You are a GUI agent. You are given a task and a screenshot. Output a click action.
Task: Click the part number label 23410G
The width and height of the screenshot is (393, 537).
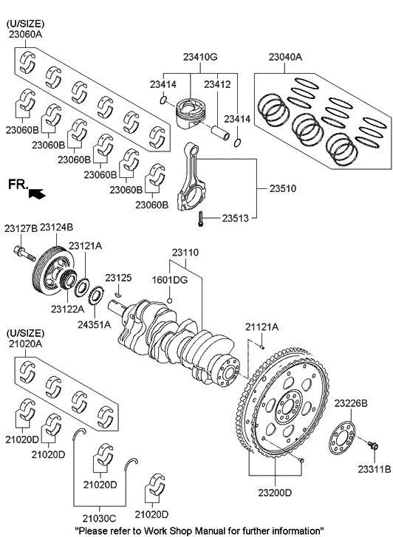pyautogui.click(x=200, y=57)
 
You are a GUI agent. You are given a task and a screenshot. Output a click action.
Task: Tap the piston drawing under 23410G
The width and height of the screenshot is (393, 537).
pyautogui.click(x=188, y=114)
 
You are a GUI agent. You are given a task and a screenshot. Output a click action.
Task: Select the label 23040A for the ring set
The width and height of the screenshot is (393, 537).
pyautogui.click(x=285, y=57)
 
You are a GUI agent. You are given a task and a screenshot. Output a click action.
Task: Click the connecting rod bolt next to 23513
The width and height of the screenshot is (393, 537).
pyautogui.click(x=199, y=219)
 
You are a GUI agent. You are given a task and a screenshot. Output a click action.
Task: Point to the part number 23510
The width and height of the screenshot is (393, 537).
pyautogui.click(x=283, y=188)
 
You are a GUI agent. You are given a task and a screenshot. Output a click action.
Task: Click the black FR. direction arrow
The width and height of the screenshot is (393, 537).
pyautogui.click(x=37, y=194)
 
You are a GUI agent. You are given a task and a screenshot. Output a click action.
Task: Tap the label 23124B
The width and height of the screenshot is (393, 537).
pyautogui.click(x=57, y=228)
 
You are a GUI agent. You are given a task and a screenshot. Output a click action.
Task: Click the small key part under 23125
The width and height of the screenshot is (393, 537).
pyautogui.click(x=118, y=294)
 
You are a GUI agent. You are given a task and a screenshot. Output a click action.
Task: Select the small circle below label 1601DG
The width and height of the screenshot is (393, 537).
pyautogui.click(x=169, y=301)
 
